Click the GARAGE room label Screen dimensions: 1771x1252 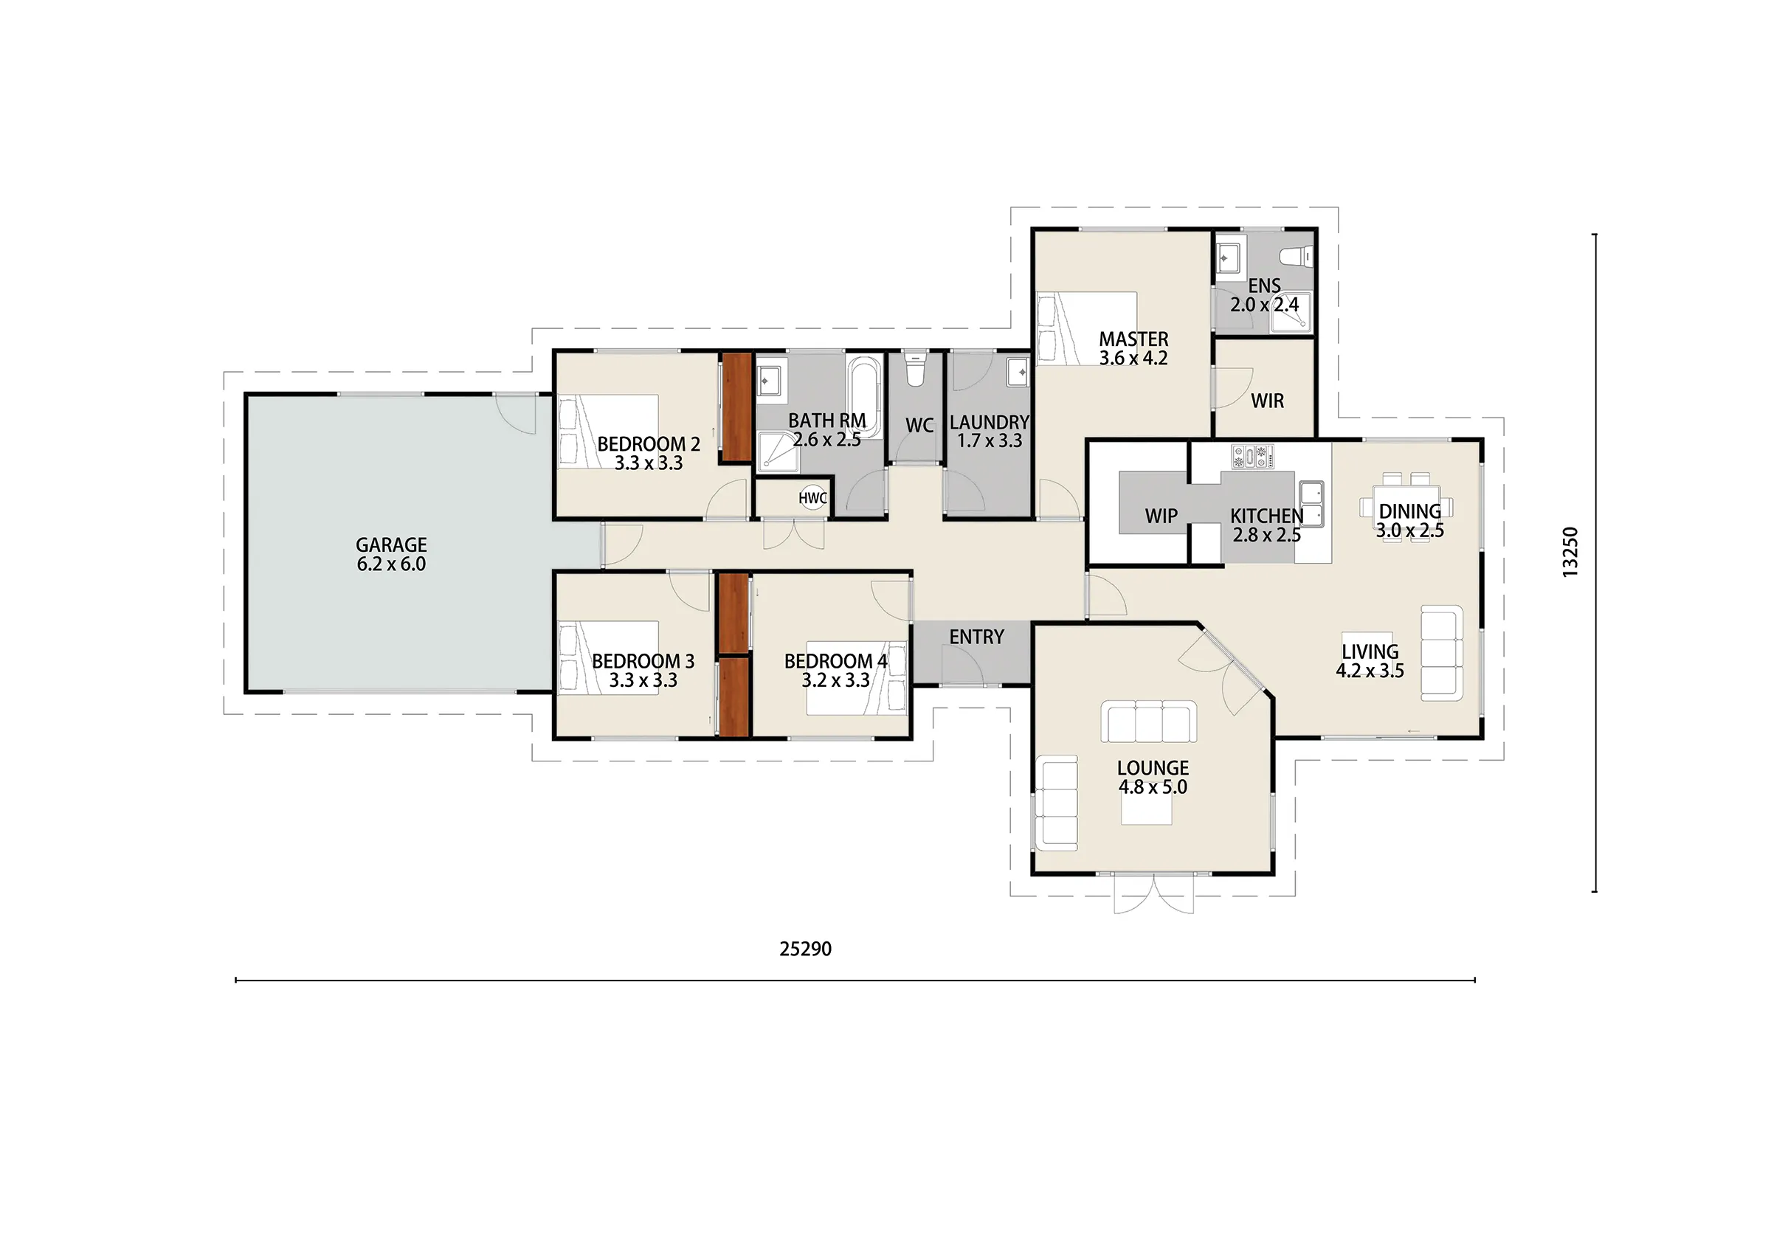click(x=391, y=544)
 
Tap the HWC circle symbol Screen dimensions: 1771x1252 click(x=812, y=498)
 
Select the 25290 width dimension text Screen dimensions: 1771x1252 click(x=805, y=949)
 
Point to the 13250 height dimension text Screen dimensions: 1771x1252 click(x=1570, y=552)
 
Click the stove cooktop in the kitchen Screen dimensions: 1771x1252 click(x=1253, y=456)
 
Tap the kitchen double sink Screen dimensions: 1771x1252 click(x=1311, y=504)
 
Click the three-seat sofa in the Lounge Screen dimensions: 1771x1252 click(x=1148, y=722)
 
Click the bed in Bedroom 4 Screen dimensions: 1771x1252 click(x=855, y=677)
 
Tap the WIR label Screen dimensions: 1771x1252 click(x=1267, y=401)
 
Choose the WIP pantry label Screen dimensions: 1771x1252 click(x=1161, y=516)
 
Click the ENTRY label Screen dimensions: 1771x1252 click(x=976, y=637)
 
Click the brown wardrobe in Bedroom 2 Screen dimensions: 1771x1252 click(x=736, y=407)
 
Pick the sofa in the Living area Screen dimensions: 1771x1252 click(x=1442, y=653)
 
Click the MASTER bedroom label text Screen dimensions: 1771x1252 click(x=1133, y=339)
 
